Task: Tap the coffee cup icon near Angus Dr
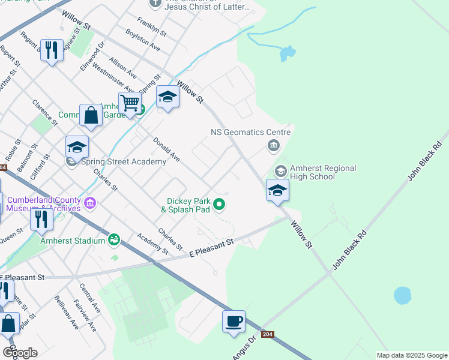[x=233, y=320]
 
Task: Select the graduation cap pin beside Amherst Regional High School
[x=277, y=190]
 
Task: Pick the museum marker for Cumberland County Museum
[x=90, y=204]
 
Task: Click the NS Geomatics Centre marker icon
[x=274, y=145]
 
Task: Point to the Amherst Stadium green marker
[x=113, y=241]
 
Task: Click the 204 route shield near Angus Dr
[x=268, y=334]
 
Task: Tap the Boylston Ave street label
[x=143, y=40]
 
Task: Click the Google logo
[x=20, y=353]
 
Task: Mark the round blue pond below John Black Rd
[x=402, y=295]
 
